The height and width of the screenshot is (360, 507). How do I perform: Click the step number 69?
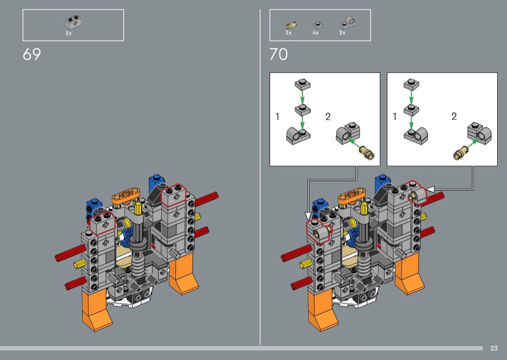tap(32, 55)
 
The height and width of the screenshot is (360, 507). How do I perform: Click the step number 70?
tap(279, 55)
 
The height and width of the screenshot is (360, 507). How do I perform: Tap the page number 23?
tap(494, 348)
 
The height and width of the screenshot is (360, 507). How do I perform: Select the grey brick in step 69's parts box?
tap(73, 23)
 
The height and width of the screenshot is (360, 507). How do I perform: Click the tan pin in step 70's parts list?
tap(291, 25)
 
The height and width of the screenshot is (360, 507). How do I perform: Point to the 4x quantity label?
tap(316, 33)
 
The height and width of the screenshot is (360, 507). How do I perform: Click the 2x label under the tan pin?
tap(288, 33)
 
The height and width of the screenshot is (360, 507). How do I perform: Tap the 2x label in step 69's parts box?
tap(69, 33)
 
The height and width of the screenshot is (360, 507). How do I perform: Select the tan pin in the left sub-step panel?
tap(367, 152)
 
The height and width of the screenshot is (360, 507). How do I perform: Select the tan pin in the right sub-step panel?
tap(461, 152)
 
